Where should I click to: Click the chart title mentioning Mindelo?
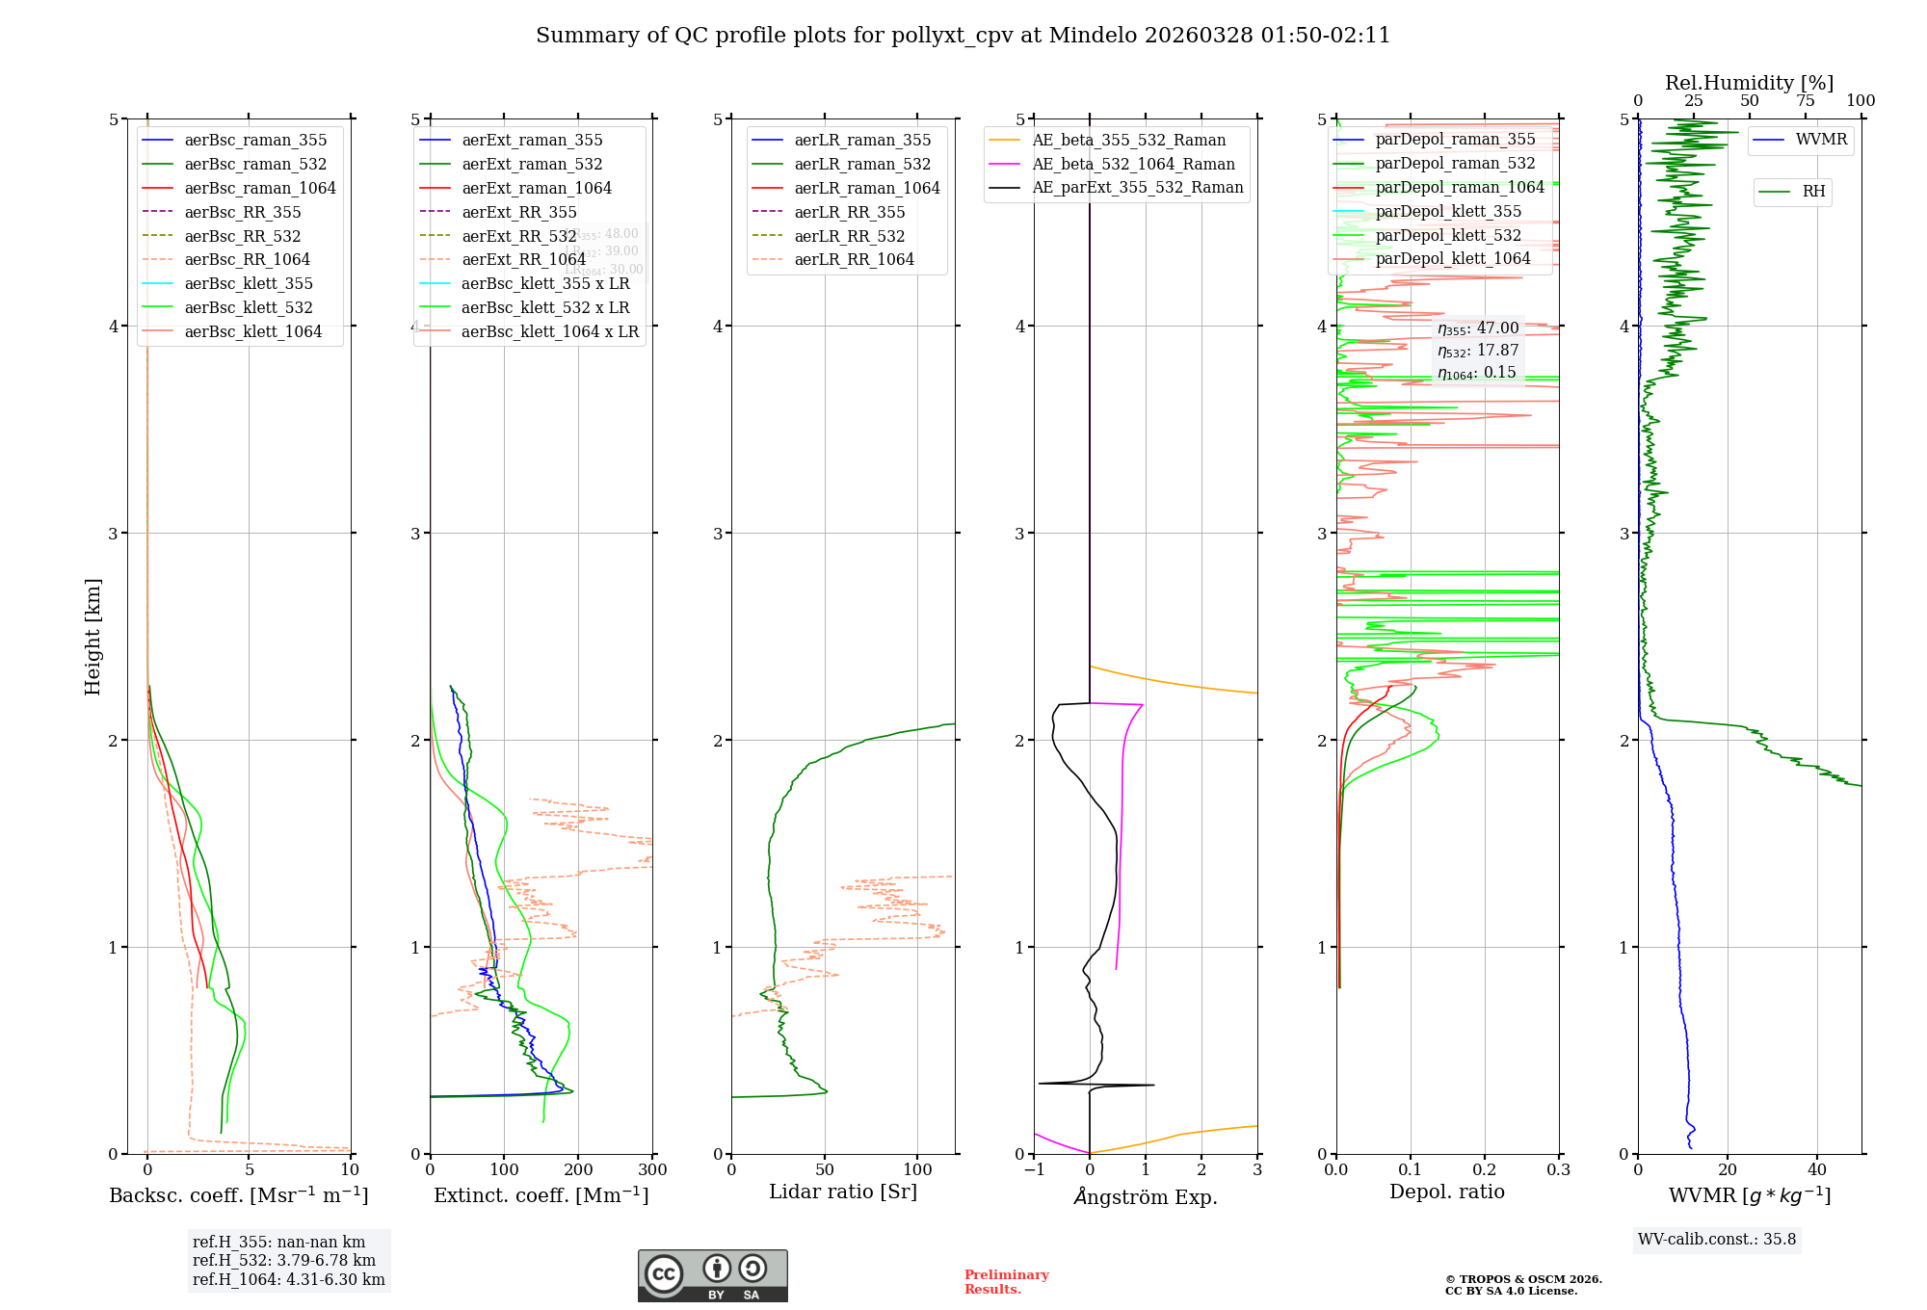(963, 36)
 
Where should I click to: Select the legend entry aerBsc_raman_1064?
(260, 188)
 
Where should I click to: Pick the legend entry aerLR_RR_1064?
(854, 259)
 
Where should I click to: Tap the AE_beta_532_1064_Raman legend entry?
(1133, 164)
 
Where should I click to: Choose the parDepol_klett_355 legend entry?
(1448, 211)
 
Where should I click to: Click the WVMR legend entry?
(1821, 140)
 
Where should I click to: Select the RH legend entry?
(1813, 192)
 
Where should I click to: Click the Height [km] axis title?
(92, 636)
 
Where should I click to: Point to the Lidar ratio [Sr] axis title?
(843, 1192)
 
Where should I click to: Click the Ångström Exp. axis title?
(1146, 1196)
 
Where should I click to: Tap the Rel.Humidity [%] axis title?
(1749, 83)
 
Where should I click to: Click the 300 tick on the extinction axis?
(653, 1170)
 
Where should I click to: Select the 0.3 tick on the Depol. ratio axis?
(1559, 1170)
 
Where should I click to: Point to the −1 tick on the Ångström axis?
(1034, 1170)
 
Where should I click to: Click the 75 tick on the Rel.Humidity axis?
(1805, 101)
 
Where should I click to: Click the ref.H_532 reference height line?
(283, 1260)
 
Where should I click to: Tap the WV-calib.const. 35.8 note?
(1717, 1239)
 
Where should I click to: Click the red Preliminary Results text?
(1006, 1281)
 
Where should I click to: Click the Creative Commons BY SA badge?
(712, 1275)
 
